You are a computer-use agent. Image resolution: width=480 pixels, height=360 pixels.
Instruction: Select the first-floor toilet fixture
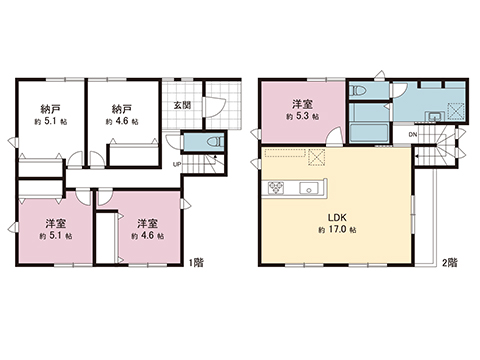click(211, 144)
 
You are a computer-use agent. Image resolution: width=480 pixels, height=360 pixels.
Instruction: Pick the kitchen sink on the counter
click(308, 188)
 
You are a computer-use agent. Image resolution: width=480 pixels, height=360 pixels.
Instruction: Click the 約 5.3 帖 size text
click(301, 117)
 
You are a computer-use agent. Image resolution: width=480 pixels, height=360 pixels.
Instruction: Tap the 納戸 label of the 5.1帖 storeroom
click(50, 108)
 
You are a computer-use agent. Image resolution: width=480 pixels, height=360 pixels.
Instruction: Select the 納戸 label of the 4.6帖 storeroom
click(122, 108)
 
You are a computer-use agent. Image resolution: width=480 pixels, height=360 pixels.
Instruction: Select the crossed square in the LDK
click(318, 156)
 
